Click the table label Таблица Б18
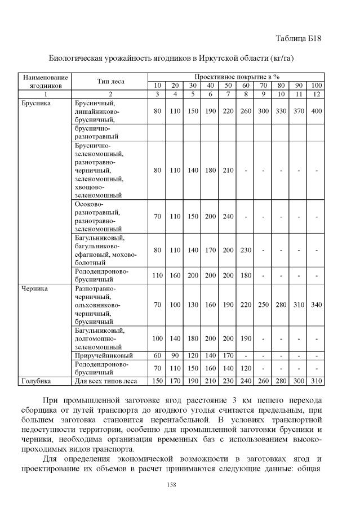298,38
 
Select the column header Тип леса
110,81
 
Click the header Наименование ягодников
46,81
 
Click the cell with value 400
317,111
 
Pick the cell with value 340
317,305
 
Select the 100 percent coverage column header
317,85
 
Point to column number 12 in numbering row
317,93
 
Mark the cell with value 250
263,305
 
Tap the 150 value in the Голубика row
157,381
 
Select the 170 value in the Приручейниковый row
228,355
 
